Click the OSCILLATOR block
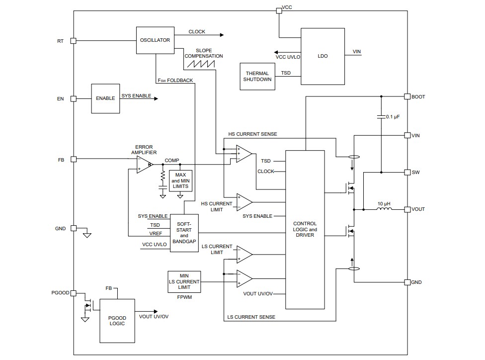pos(155,40)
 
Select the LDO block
pos(323,56)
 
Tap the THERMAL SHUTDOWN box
pos(257,77)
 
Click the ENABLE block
pos(105,98)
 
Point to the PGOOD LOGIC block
pos(117,321)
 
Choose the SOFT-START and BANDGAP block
pos(184,233)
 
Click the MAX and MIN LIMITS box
pos(180,180)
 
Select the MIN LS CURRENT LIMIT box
pos(184,281)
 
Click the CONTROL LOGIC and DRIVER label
pos(305,229)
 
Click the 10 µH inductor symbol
pos(384,209)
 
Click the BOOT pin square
pos(407,96)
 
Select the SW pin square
pos(407,172)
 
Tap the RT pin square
pos(73,41)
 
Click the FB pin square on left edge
pos(73,159)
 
